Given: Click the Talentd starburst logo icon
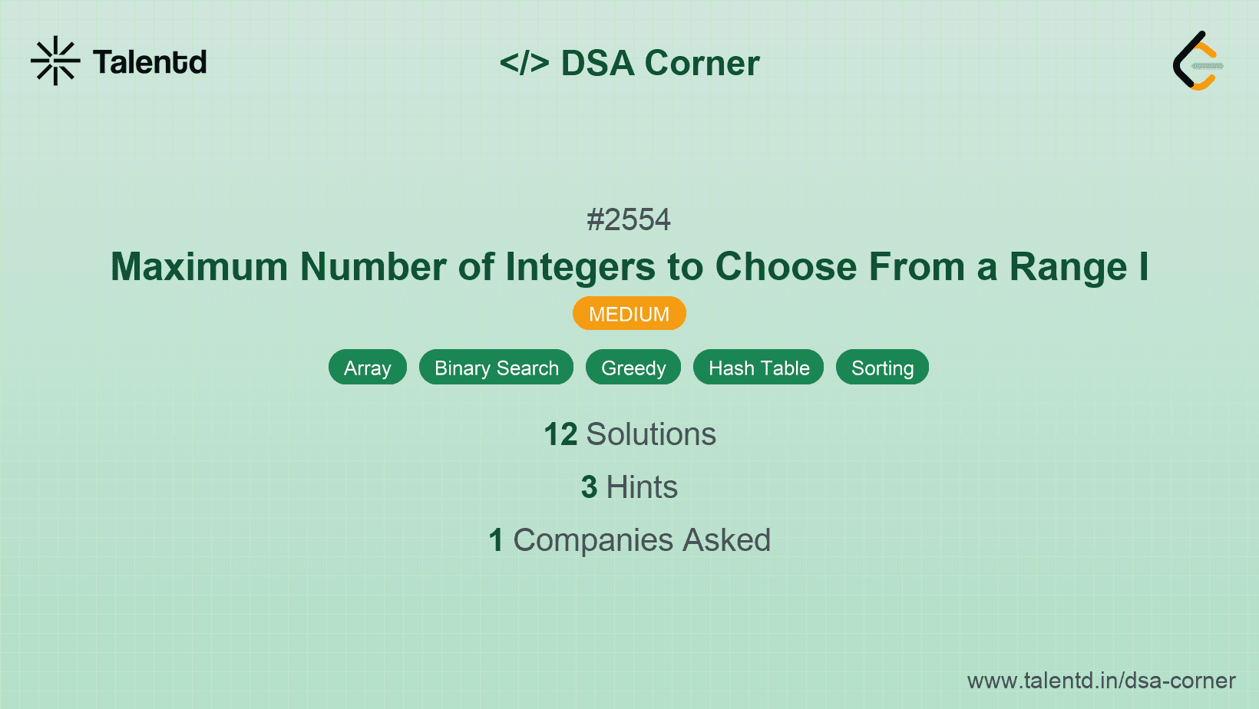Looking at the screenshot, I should (x=55, y=61).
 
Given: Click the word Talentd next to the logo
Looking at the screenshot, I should (x=150, y=62).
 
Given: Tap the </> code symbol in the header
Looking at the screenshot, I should (x=524, y=63).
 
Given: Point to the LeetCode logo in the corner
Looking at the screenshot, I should (x=1198, y=61).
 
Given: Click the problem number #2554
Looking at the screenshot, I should (x=629, y=220).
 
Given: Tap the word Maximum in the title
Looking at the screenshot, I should (x=199, y=267).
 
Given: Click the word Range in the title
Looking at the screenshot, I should (x=1067, y=267).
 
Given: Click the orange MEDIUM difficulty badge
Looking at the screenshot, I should (x=629, y=314).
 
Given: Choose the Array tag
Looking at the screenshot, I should (x=367, y=368).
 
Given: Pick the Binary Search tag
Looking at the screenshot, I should (x=496, y=368).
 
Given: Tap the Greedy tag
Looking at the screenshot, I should (x=633, y=368).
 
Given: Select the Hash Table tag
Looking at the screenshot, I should (x=758, y=368).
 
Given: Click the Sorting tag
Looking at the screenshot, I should (x=882, y=368).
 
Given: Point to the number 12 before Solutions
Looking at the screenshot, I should (x=560, y=434).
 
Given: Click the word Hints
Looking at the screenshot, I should (x=642, y=487).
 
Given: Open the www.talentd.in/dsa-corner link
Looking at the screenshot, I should (x=1101, y=681).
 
